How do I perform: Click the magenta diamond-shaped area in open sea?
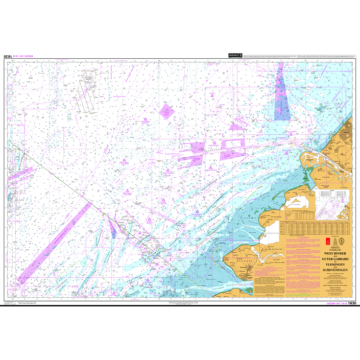click(x=166, y=111)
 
